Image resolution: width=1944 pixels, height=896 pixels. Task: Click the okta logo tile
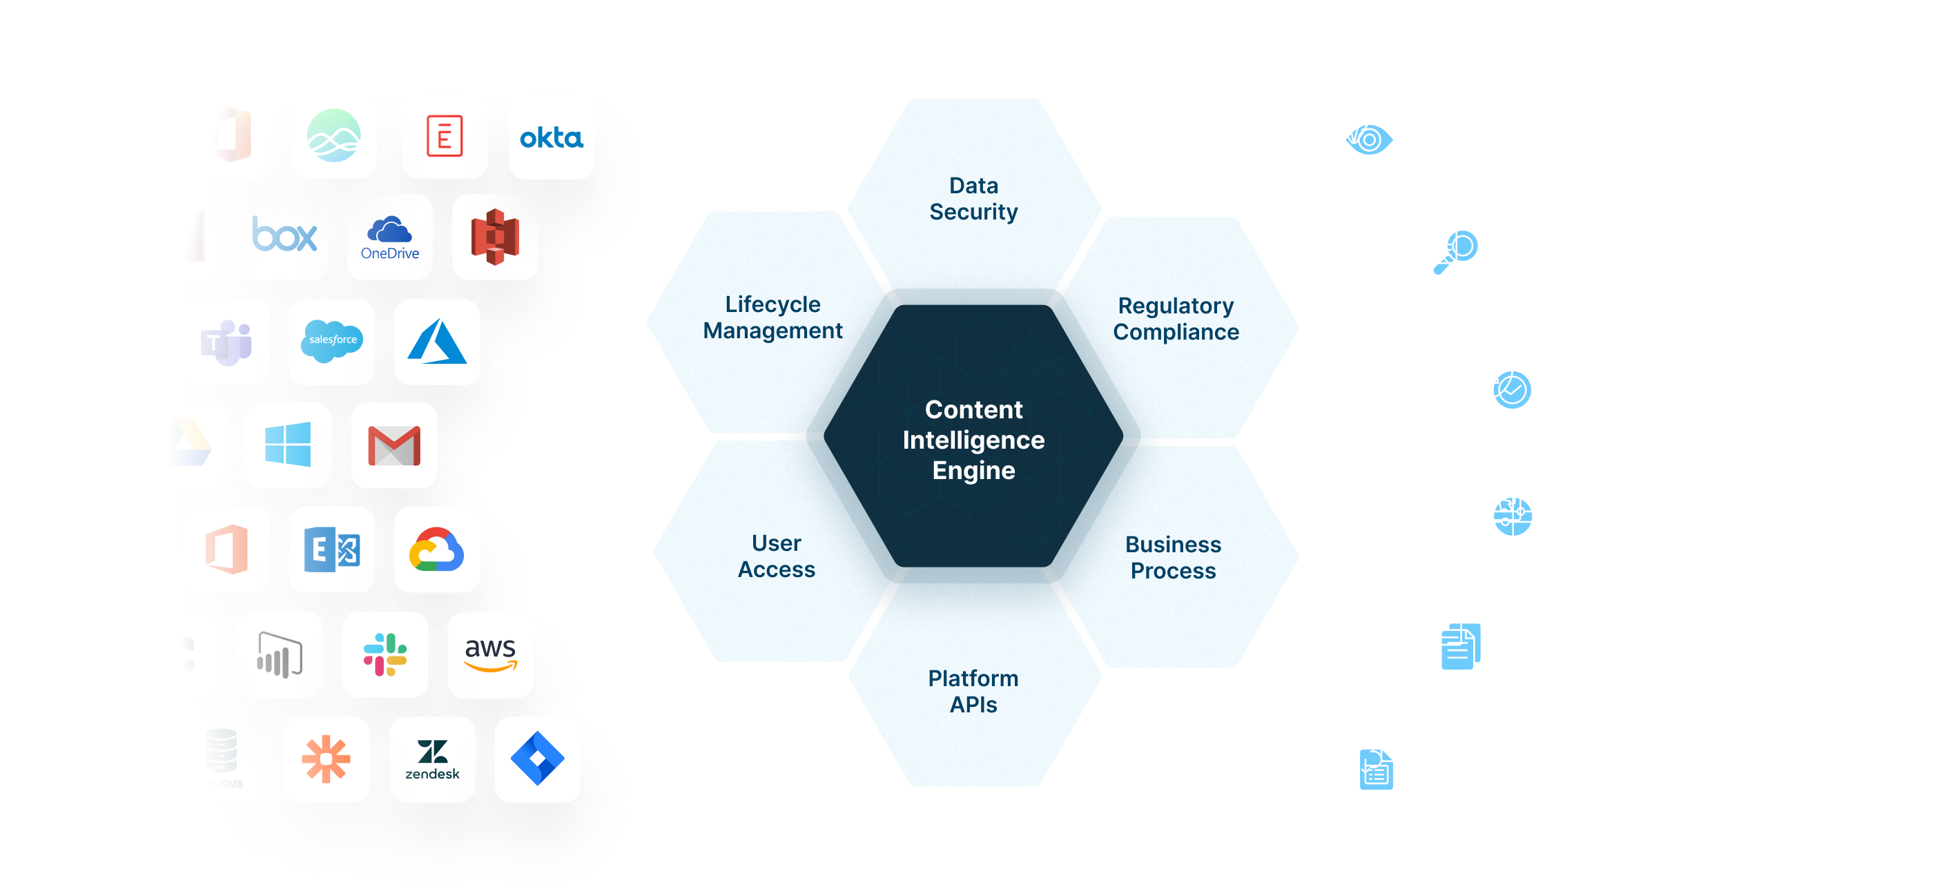click(552, 137)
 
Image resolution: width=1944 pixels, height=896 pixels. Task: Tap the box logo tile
click(284, 237)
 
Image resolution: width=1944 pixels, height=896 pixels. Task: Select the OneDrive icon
click(389, 237)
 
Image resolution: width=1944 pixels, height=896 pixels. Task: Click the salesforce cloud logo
click(332, 341)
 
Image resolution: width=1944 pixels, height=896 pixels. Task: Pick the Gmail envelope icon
click(394, 445)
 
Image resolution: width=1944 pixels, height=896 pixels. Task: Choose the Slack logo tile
click(385, 654)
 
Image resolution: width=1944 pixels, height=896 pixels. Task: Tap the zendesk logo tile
click(432, 759)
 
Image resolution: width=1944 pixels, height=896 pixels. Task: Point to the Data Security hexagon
click(973, 199)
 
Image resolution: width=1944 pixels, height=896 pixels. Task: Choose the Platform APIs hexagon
click(973, 691)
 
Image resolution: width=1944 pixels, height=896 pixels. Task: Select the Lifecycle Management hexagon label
click(772, 317)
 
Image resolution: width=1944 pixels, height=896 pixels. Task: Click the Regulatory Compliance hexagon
click(1176, 318)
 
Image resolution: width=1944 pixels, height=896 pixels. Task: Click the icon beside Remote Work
click(1504, 507)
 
